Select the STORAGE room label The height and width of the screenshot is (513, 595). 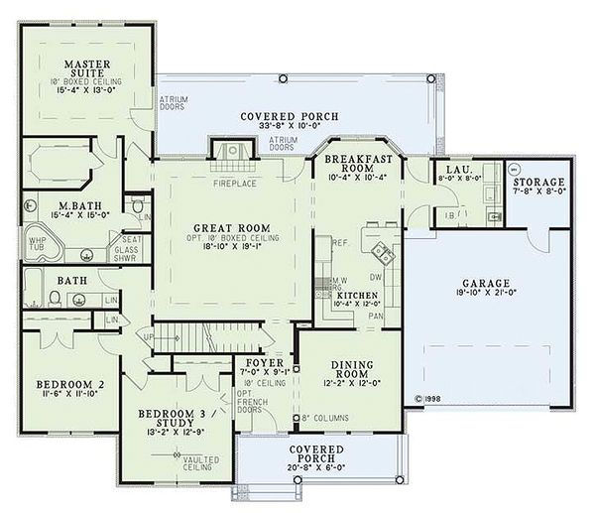(539, 183)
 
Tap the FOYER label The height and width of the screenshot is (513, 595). (265, 363)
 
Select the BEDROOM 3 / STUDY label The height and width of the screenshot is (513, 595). (159, 418)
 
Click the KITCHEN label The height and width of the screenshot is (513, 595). (355, 296)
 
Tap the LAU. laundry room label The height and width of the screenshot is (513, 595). (458, 171)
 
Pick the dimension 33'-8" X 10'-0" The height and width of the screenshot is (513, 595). (290, 127)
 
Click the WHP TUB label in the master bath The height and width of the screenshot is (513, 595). (37, 243)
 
